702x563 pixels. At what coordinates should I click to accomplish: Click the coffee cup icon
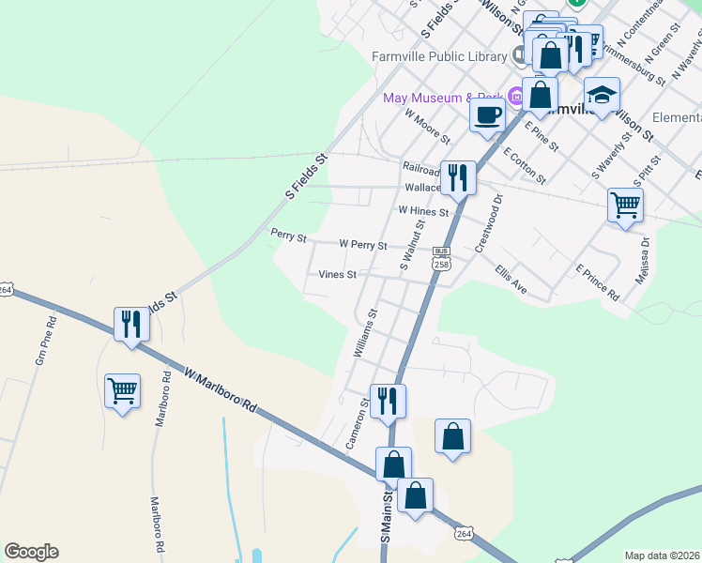coord(487,115)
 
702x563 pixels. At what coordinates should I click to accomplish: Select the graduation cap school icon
coord(602,94)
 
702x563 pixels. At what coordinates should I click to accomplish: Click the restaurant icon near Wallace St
coord(458,176)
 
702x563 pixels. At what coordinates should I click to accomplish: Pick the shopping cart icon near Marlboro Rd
coord(123,390)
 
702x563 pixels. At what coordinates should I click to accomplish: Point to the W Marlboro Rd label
coord(221,391)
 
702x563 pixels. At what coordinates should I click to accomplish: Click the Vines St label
coord(338,275)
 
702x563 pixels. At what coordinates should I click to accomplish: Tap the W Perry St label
coord(363,244)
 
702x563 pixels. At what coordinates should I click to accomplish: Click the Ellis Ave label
coord(511,281)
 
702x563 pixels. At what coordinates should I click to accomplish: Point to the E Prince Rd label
coord(598,283)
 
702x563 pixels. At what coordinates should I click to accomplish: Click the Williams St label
coord(364,333)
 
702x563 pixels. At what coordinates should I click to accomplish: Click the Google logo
coord(31,552)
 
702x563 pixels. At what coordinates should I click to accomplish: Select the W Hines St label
coord(424,212)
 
